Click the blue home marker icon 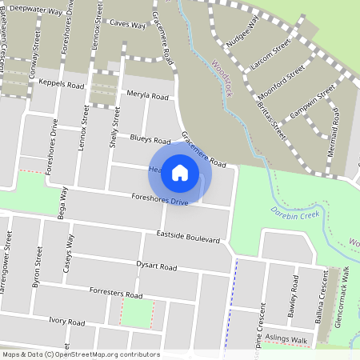(x=180, y=172)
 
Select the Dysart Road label (x=156, y=266)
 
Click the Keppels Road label (x=62, y=84)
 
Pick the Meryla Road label (x=148, y=96)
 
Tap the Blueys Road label (x=150, y=139)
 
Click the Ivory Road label (x=66, y=322)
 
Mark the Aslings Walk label (x=287, y=340)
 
